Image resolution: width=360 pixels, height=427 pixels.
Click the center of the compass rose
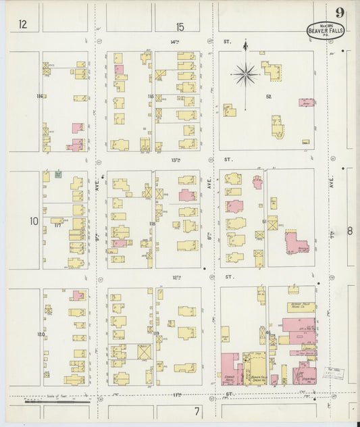click(245, 74)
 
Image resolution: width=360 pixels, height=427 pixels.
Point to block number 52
click(268, 97)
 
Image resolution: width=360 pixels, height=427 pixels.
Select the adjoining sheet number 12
click(23, 25)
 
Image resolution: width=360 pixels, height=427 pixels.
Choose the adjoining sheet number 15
click(180, 26)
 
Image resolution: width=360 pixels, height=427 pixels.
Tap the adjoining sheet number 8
click(350, 231)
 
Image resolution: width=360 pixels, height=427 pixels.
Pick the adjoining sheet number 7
click(197, 411)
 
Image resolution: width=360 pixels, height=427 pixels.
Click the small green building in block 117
click(59, 174)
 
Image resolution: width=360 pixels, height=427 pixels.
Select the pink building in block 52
click(307, 103)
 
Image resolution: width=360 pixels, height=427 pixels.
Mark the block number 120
click(41, 334)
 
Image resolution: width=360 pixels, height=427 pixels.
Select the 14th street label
click(177, 42)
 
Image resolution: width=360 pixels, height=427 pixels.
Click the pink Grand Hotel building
click(230, 370)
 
